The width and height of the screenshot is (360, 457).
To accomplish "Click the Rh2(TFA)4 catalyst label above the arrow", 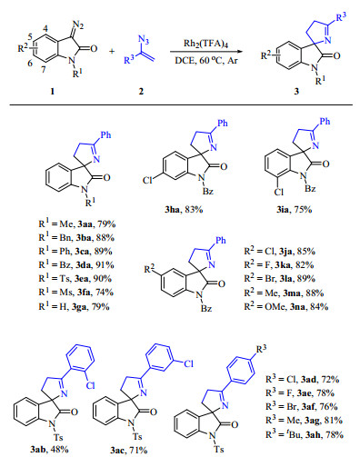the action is click(x=205, y=45).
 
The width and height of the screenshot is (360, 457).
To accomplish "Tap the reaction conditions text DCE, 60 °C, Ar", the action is click(x=206, y=60).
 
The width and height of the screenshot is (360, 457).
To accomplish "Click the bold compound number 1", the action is click(x=52, y=91).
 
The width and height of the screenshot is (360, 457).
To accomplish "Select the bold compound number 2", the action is click(x=141, y=91).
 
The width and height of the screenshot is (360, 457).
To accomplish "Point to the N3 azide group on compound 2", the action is click(x=144, y=40).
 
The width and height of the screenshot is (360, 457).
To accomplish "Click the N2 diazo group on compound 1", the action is click(x=77, y=25).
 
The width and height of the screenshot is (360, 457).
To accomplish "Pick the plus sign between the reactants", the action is click(x=112, y=52).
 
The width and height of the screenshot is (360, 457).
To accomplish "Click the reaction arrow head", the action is click(x=241, y=52).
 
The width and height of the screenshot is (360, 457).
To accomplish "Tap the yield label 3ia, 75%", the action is click(x=295, y=209).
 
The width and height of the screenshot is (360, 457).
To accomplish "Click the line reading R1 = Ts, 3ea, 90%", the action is click(x=75, y=278).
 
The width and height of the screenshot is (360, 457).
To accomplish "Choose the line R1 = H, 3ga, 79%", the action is click(x=74, y=306).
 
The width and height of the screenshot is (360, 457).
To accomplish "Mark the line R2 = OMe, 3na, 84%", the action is click(x=286, y=306).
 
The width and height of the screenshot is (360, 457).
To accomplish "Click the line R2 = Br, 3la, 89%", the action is click(x=280, y=278).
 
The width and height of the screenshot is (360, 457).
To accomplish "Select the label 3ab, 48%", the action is click(x=49, y=449).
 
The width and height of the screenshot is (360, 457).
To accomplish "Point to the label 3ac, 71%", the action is click(x=128, y=450).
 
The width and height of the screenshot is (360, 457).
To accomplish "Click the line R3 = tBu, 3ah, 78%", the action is click(x=305, y=434).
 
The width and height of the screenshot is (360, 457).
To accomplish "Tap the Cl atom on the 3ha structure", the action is click(x=147, y=181).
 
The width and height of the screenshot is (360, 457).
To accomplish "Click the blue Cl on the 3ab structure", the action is click(x=90, y=385).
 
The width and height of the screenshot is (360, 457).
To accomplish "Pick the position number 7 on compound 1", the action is click(x=44, y=69).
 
